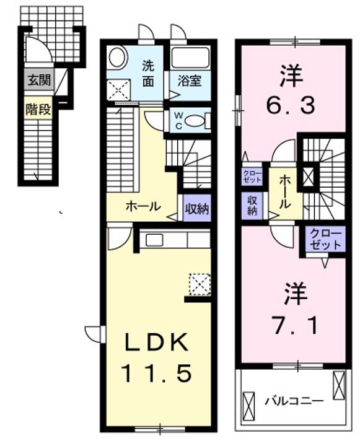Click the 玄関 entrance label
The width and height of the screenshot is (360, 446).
pos(38,80)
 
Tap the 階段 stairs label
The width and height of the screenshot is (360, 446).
pos(38,109)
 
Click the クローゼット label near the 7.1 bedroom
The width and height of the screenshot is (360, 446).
pos(326,238)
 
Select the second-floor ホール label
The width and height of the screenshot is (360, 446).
pos(284,191)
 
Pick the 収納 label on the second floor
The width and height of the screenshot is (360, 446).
pos(253,206)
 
